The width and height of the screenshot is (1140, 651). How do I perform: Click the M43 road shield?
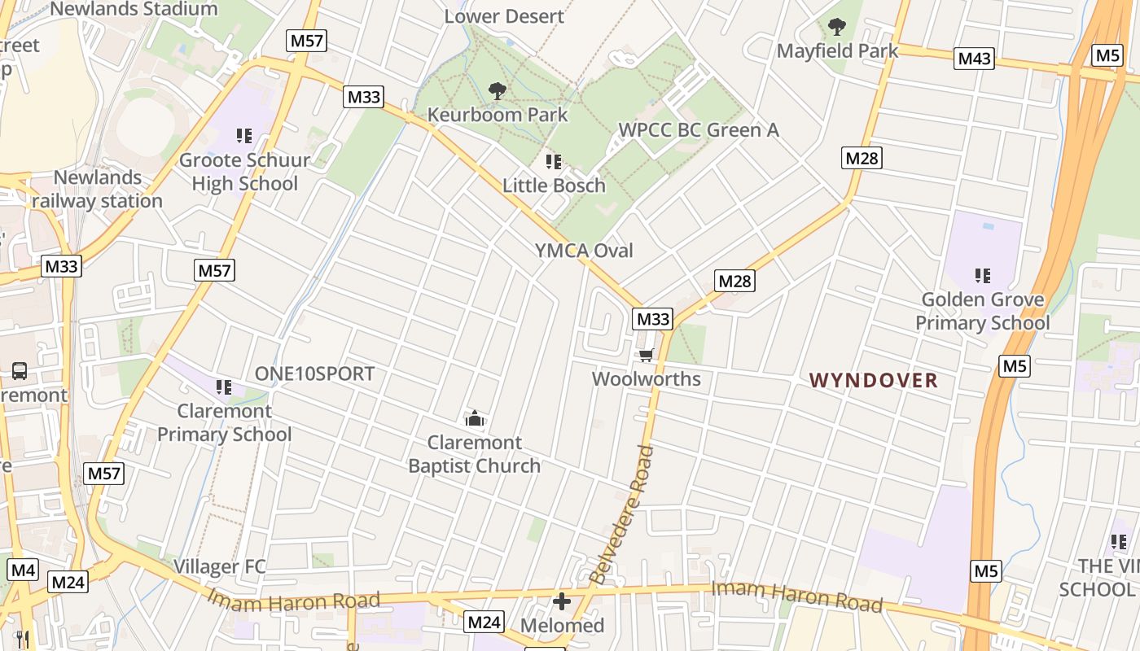974,59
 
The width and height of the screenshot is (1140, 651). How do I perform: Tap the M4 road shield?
23,570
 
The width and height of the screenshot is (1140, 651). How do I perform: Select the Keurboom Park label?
498,115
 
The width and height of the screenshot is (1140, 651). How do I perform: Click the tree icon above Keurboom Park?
497,91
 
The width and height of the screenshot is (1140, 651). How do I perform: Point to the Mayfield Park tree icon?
836,28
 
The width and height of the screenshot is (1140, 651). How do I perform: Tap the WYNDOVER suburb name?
874,380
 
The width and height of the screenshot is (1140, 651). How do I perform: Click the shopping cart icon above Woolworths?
647,355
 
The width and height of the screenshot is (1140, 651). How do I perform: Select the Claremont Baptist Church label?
474,454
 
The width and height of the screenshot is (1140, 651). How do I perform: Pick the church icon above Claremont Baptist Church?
474,419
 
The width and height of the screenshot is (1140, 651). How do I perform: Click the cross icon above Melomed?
562,602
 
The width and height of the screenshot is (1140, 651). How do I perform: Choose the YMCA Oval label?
584,251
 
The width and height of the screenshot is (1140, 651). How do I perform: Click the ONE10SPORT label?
314,374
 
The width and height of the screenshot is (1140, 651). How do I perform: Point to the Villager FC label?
219,566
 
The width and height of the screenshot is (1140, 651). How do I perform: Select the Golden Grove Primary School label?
982,312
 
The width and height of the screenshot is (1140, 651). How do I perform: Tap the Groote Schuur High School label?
244,172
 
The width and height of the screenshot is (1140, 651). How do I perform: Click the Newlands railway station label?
98,189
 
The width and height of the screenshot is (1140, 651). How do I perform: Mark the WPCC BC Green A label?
699,130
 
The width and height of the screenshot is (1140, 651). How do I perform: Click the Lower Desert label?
504,16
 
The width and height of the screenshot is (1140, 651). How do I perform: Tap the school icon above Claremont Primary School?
224,387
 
